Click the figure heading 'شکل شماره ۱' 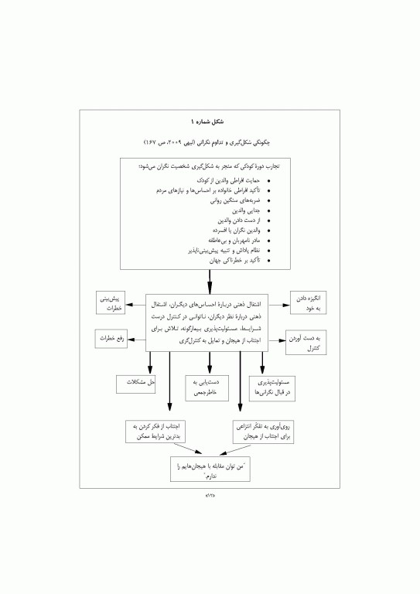pos(210,121)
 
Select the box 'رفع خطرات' pos(110,339)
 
